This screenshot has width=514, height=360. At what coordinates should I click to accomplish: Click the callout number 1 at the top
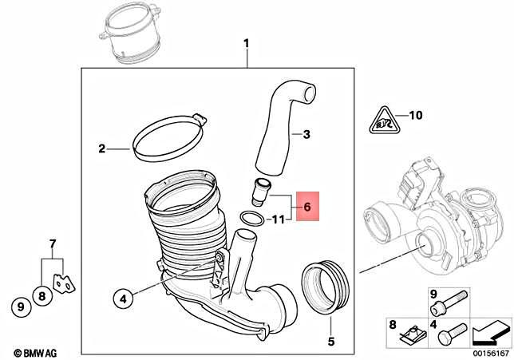pos(247,42)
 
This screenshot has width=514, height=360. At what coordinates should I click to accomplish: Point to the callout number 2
pos(101,148)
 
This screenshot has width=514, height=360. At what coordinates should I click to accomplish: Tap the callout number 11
pos(278,219)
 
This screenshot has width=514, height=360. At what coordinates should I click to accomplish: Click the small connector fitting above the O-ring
pos(260,193)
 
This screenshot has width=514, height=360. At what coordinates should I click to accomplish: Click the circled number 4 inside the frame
pos(122,299)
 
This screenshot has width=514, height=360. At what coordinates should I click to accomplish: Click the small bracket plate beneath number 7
pos(61,282)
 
